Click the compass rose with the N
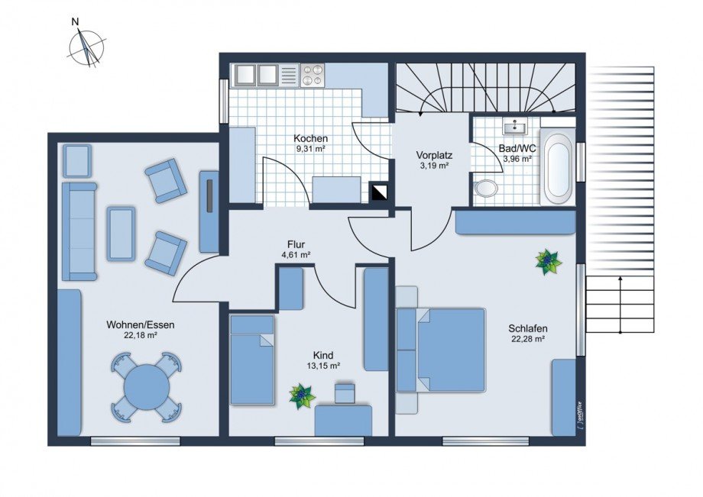[x=86, y=47]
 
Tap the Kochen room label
[x=310, y=138]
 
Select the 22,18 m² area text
[x=140, y=335]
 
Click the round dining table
[x=147, y=386]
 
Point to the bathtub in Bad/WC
[x=557, y=167]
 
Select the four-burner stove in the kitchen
[x=312, y=74]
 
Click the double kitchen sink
[x=254, y=74]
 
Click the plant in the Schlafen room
[x=549, y=262]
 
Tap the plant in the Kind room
[x=302, y=395]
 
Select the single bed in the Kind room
[x=252, y=360]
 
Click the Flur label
[x=296, y=244]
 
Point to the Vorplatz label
[x=434, y=156]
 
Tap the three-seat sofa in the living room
[x=79, y=231]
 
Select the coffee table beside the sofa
[x=121, y=233]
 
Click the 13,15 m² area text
[x=322, y=366]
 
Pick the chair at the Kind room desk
[x=345, y=392]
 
